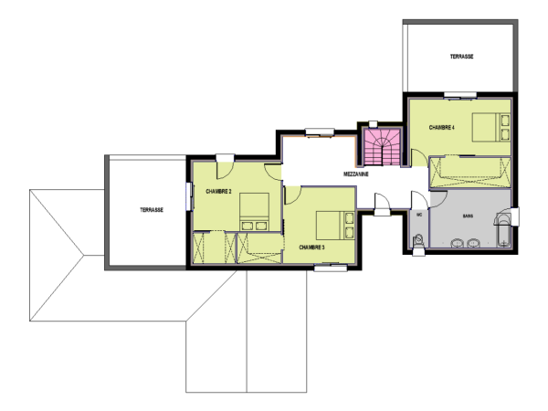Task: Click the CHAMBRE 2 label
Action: [218, 191]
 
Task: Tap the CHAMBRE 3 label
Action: [311, 247]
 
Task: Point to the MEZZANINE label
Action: [356, 173]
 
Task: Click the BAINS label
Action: [467, 216]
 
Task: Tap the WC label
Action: [418, 216]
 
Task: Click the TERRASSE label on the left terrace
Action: [152, 209]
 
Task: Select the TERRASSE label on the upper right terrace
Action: [461, 57]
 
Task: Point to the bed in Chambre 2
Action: [254, 214]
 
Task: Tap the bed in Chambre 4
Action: [490, 126]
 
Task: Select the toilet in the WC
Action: [417, 242]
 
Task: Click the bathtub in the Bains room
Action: [503, 232]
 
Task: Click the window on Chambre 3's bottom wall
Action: [326, 268]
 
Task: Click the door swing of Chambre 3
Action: [293, 195]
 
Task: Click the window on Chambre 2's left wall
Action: [188, 195]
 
